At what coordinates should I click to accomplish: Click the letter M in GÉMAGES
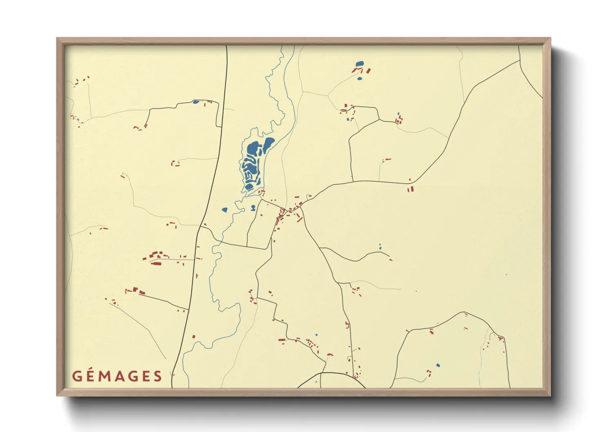click(x=105, y=376)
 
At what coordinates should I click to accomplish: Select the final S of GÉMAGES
click(x=158, y=376)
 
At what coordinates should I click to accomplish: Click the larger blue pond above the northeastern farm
click(x=359, y=64)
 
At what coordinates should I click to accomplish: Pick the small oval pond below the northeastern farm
click(x=360, y=78)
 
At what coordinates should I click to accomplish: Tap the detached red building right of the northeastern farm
click(x=369, y=71)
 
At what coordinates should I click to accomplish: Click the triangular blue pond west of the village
click(x=224, y=210)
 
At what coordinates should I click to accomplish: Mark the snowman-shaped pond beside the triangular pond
click(x=253, y=208)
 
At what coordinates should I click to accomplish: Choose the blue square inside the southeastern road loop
click(x=438, y=365)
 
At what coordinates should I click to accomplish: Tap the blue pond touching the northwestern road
click(x=196, y=102)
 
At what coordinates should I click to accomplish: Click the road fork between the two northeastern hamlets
click(x=379, y=120)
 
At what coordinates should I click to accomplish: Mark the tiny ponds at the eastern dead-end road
click(x=380, y=247)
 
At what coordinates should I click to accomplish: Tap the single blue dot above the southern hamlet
click(x=316, y=335)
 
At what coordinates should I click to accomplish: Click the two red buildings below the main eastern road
click(x=410, y=189)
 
